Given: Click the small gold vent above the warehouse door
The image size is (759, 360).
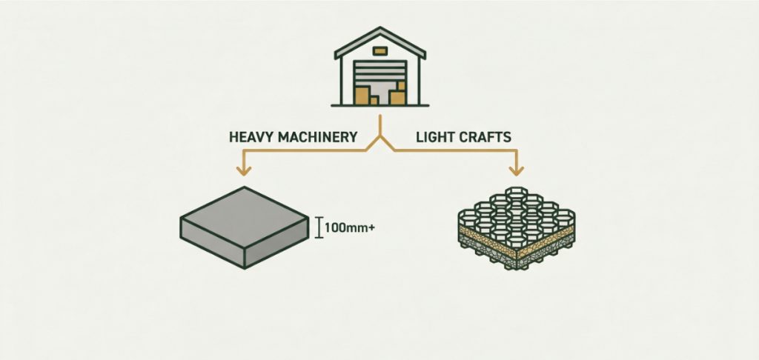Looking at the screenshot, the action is (380, 51).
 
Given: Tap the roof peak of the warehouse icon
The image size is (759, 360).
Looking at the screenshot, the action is (380, 28).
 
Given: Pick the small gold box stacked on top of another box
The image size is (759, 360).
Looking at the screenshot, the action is (401, 86).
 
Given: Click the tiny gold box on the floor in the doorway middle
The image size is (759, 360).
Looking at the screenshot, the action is (374, 101).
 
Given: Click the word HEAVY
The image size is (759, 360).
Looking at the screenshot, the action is (251, 138).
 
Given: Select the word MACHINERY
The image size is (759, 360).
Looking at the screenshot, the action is (317, 138).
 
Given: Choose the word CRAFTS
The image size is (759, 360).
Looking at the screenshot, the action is (485, 138).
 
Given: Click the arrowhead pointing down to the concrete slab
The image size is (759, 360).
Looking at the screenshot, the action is (243, 170).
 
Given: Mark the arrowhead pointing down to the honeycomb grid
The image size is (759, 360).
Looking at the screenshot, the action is (517, 170).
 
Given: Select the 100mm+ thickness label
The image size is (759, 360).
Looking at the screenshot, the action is (350, 227).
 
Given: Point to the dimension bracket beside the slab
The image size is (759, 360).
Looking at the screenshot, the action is (319, 227).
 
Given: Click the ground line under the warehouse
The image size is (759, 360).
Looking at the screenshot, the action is (380, 105).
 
